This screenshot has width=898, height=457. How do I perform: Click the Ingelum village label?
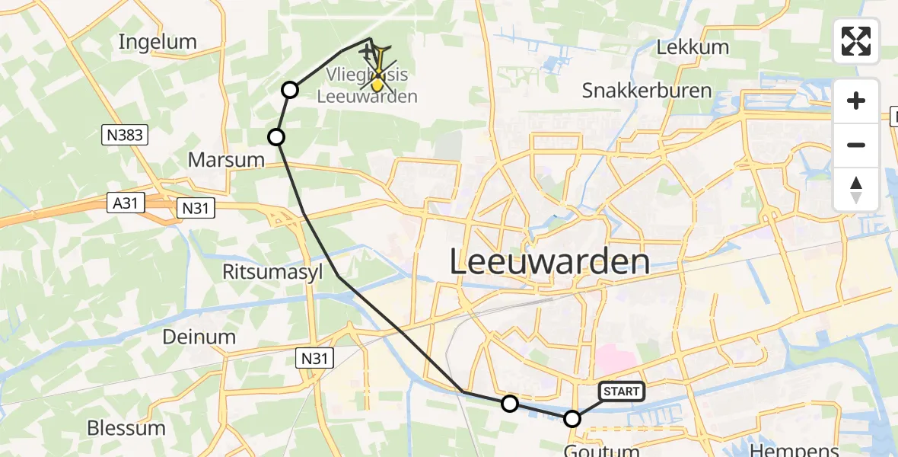[x=158, y=42]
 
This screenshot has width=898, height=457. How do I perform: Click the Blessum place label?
[x=126, y=427]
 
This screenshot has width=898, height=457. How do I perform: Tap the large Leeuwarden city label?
[x=549, y=263]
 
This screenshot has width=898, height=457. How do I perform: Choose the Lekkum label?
[x=693, y=47]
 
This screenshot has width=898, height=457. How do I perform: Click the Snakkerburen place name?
[x=647, y=91]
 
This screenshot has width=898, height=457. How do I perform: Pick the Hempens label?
[x=794, y=449]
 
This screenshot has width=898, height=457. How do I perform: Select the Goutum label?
[x=603, y=450]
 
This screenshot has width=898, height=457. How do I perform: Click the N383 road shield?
[x=124, y=136]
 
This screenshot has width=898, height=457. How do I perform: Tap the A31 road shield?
[x=126, y=205]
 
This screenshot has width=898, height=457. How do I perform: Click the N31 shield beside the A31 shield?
[x=196, y=207]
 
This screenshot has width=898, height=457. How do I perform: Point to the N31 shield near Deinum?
[x=315, y=357]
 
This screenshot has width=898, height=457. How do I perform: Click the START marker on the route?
[x=622, y=391]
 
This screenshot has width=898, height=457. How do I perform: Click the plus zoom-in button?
[x=856, y=101]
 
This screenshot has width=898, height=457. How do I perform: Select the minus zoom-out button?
[x=856, y=145]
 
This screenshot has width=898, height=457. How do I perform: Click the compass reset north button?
[x=856, y=189]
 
